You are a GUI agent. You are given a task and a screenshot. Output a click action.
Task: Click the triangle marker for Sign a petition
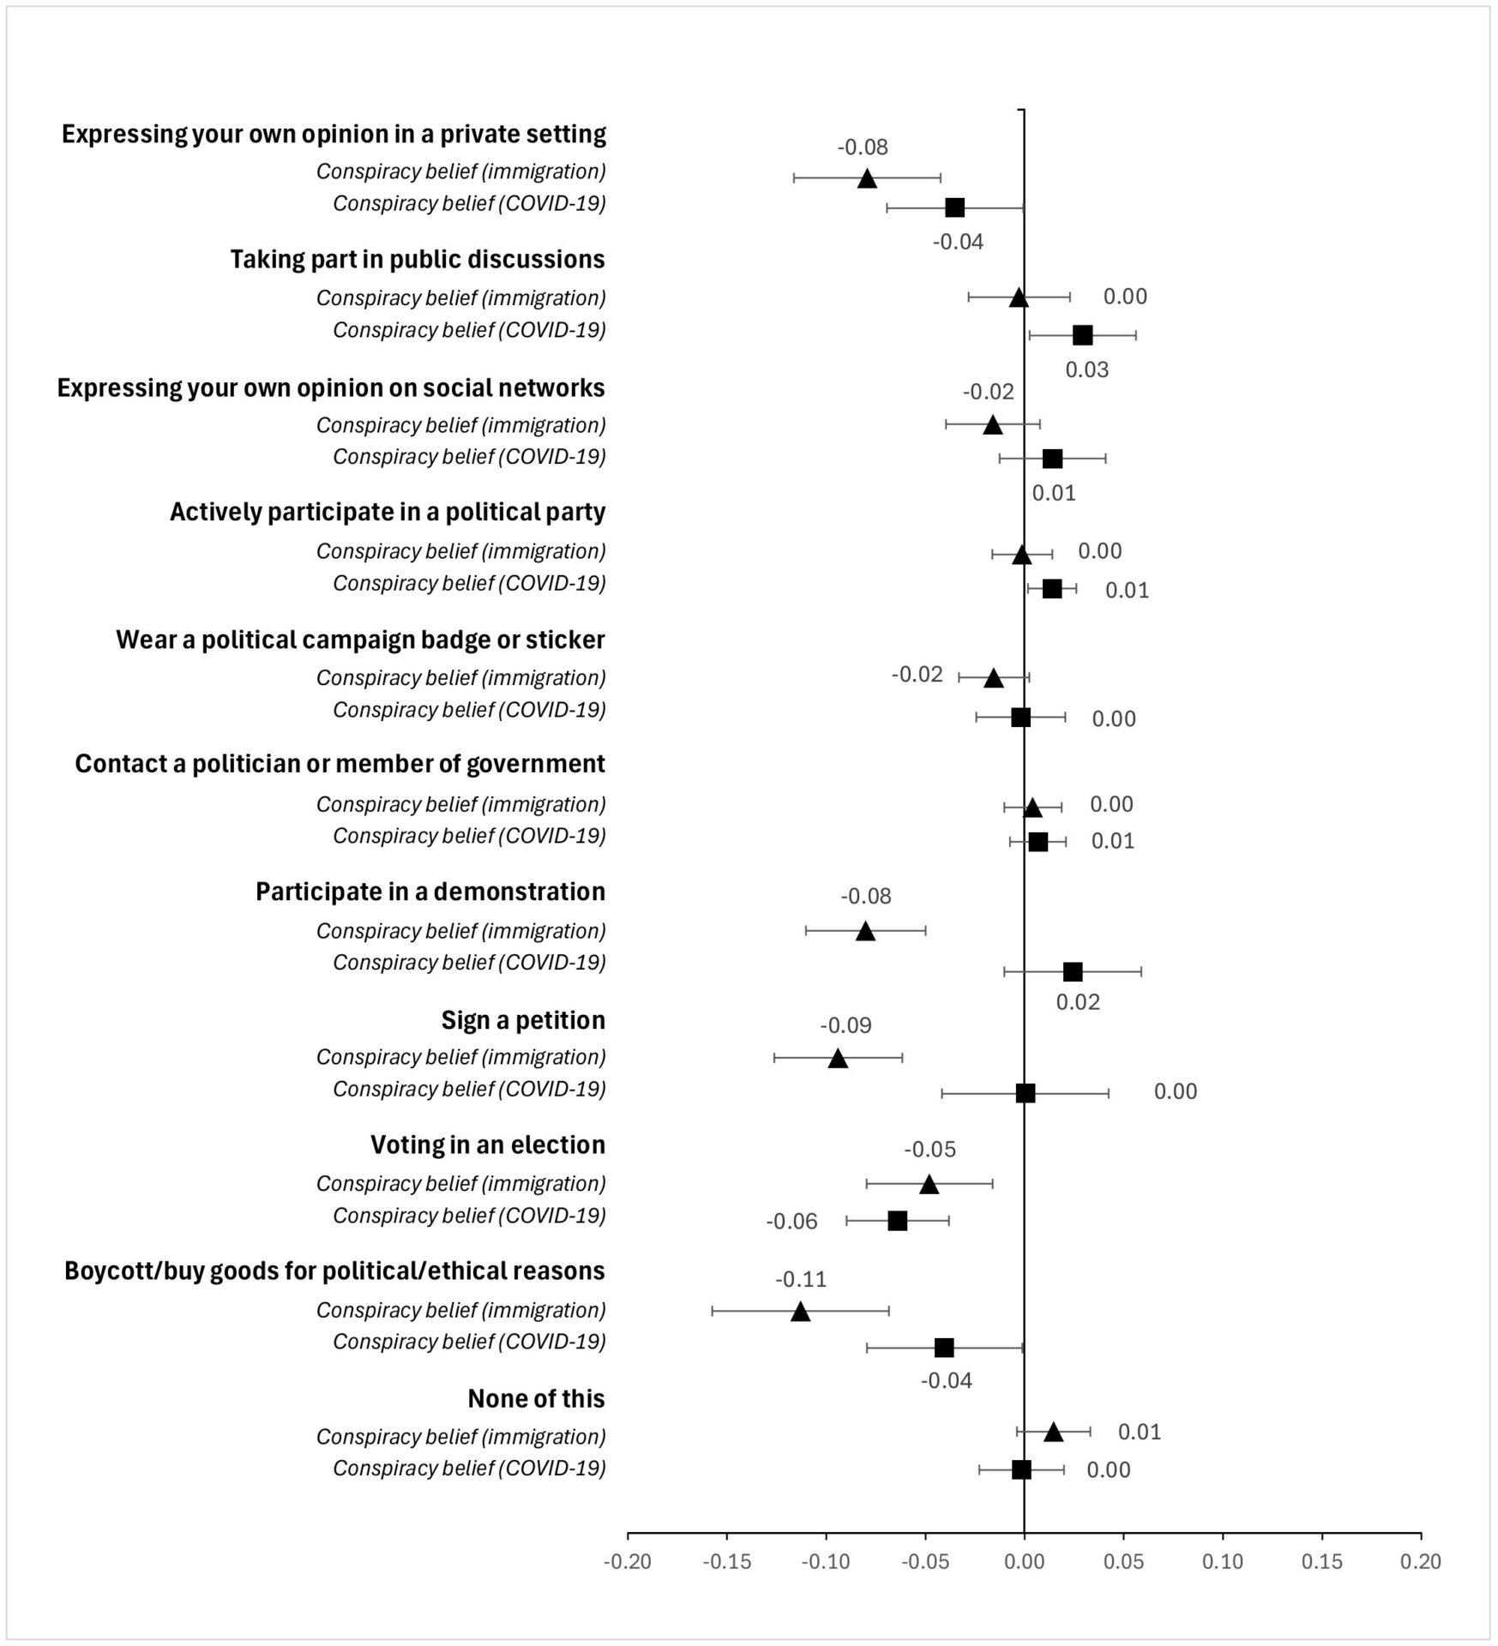(x=838, y=1058)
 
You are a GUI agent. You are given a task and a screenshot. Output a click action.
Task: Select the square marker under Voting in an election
(x=897, y=1221)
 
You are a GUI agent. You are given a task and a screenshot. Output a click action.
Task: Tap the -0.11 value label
(x=801, y=1279)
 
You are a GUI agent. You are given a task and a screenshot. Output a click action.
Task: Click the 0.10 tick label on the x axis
(x=1223, y=1562)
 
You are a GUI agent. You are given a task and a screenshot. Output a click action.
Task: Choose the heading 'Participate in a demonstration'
(x=430, y=892)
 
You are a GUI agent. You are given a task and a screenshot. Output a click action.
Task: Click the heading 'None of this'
(x=537, y=1399)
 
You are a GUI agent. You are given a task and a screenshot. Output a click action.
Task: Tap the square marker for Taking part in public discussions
(x=1082, y=335)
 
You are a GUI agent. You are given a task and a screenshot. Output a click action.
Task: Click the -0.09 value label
(x=845, y=1025)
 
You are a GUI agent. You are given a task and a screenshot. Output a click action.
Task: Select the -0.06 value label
(x=791, y=1221)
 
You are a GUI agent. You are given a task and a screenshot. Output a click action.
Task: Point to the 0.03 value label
(x=1087, y=369)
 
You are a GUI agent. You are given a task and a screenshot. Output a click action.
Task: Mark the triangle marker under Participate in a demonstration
(x=865, y=931)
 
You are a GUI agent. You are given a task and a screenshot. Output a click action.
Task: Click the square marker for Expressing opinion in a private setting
(x=954, y=207)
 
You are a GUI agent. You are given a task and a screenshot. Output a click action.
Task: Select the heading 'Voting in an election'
(x=488, y=1145)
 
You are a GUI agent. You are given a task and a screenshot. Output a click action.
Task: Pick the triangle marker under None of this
(x=1053, y=1432)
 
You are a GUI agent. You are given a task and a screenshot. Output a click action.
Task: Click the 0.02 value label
(x=1078, y=1001)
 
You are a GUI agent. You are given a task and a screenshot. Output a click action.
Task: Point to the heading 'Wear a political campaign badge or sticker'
(x=361, y=640)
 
